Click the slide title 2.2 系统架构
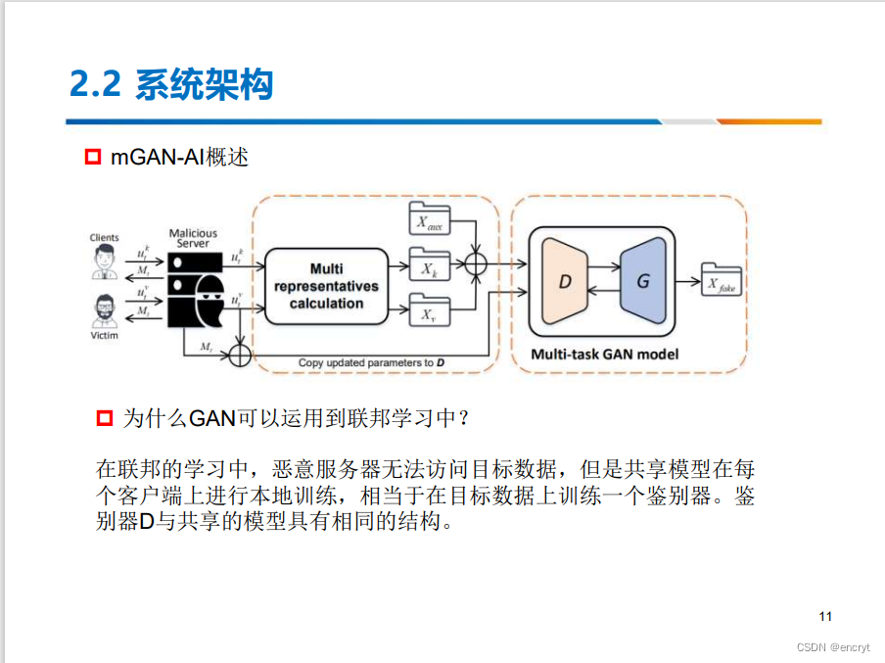pos(171,84)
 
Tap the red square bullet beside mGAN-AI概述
pos(93,157)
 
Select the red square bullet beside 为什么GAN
pos(106,418)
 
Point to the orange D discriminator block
pos(563,280)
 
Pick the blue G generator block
pos(643,280)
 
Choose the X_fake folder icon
pos(722,282)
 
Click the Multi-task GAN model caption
pos(604,354)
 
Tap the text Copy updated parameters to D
pos(372,363)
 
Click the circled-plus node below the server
pos(240,353)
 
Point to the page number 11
pos(824,616)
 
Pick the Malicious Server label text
pos(193,238)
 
